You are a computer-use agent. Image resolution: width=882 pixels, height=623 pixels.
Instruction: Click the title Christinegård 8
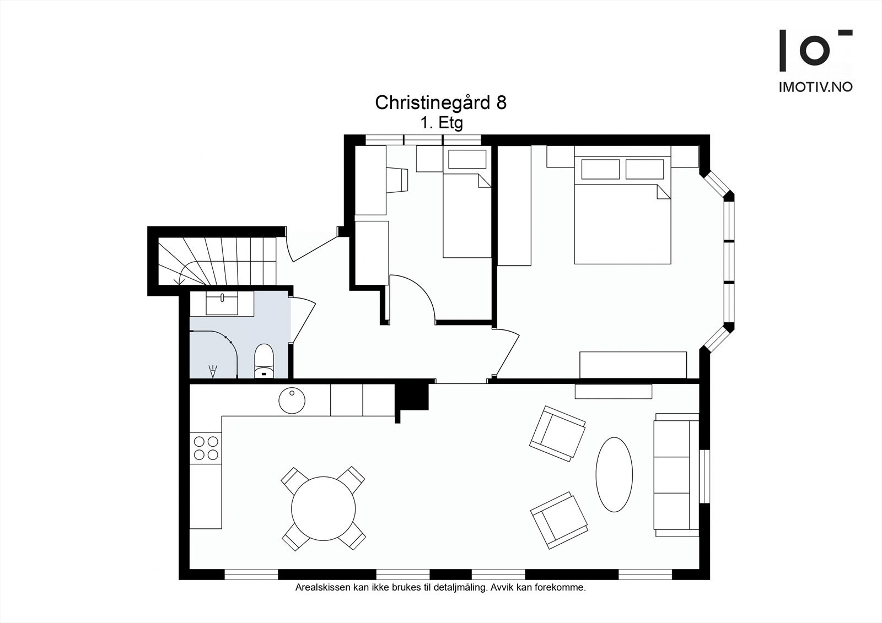point(440,102)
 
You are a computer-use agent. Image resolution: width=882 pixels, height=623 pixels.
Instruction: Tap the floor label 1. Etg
point(442,123)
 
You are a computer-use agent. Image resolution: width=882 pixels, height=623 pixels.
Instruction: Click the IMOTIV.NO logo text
point(815,87)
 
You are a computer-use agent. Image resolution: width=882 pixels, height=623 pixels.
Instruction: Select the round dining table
point(323,508)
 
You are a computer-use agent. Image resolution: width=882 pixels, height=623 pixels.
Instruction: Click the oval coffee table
point(614,475)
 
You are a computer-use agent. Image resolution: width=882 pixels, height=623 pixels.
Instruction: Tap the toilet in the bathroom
point(264,361)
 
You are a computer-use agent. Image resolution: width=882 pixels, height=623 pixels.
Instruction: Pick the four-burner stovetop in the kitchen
point(206,448)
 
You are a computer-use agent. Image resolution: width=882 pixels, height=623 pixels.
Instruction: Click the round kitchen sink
point(292,400)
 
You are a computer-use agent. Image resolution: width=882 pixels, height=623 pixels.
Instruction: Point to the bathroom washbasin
point(222,304)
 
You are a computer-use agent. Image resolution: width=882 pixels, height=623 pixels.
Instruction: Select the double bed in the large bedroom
point(622,210)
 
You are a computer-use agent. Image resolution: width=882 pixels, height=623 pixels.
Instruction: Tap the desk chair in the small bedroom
point(397,180)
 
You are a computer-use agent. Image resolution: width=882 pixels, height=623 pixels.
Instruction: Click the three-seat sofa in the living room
point(676,475)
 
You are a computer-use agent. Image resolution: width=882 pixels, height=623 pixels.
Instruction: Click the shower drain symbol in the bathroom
point(213,371)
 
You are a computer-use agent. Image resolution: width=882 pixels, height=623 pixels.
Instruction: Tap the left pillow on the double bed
point(600,169)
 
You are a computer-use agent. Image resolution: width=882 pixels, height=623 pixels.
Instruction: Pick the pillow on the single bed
point(467,159)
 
